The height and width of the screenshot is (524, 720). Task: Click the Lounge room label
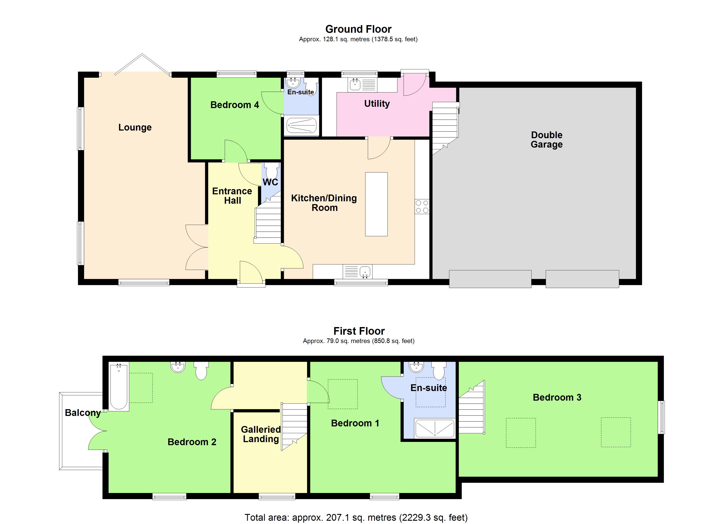(x=135, y=128)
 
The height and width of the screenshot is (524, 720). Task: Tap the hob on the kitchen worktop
(x=422, y=206)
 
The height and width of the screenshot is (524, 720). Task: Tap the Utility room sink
(x=355, y=84)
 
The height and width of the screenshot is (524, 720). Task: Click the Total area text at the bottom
(x=356, y=517)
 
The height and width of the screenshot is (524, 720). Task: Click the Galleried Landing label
(x=261, y=434)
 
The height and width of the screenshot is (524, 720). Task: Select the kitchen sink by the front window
(x=365, y=272)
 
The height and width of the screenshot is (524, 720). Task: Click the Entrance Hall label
(x=232, y=196)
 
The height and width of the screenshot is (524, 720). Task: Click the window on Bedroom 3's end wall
(x=661, y=417)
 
